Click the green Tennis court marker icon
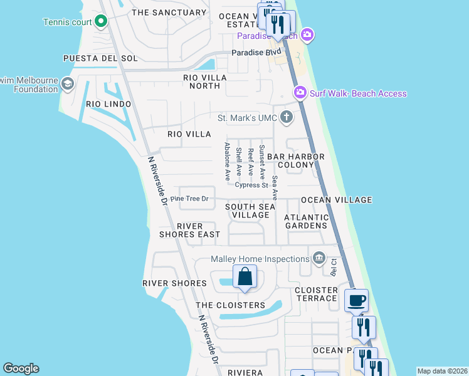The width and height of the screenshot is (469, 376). [101, 22]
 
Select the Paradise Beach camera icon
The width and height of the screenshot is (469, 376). [307, 34]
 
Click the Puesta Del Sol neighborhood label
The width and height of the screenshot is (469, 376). [100, 58]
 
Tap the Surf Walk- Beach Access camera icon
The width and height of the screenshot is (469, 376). [300, 93]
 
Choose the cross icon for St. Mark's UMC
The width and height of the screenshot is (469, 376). [287, 117]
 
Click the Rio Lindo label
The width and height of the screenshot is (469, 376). [108, 104]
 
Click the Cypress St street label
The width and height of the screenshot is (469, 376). [251, 185]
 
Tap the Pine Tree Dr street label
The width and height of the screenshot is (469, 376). [189, 199]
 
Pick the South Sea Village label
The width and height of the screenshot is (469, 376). [250, 211]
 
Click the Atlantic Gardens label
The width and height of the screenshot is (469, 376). [306, 221]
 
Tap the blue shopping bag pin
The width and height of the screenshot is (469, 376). [245, 276]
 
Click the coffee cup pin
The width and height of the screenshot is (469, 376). [357, 300]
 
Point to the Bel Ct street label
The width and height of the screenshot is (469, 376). [334, 268]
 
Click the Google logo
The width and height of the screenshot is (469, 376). [21, 368]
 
